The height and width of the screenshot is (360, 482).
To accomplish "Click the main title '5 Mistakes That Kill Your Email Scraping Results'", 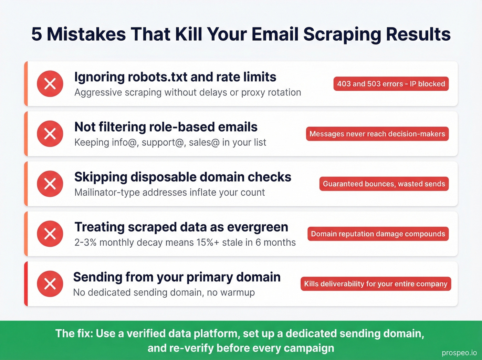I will pyautogui.click(x=241, y=34).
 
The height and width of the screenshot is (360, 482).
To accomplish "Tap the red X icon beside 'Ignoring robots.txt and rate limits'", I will pyautogui.click(x=50, y=84).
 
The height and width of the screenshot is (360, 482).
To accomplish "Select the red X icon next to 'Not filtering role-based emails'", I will pyautogui.click(x=50, y=134).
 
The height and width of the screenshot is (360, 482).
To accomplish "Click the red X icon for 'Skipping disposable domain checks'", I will pyautogui.click(x=50, y=184).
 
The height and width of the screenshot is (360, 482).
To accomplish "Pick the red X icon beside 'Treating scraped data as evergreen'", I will pyautogui.click(x=50, y=234).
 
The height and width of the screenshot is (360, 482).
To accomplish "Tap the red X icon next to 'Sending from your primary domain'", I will pyautogui.click(x=50, y=284).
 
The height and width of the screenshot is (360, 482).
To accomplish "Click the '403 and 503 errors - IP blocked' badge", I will pyautogui.click(x=391, y=84).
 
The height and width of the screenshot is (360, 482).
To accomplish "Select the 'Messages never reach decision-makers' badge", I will pyautogui.click(x=377, y=134).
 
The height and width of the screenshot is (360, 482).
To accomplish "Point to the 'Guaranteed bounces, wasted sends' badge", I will pyautogui.click(x=384, y=184).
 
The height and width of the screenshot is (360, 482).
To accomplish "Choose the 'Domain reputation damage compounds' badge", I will pyautogui.click(x=378, y=234).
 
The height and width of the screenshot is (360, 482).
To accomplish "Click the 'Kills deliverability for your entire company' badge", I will pyautogui.click(x=376, y=284).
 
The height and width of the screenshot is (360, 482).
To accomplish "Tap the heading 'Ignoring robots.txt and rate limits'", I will pyautogui.click(x=175, y=77).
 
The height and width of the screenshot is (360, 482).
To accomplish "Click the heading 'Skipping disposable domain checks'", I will pyautogui.click(x=183, y=177).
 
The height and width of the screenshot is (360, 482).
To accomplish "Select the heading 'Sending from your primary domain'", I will pyautogui.click(x=177, y=277).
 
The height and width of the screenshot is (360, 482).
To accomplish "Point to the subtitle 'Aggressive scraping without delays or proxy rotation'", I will pyautogui.click(x=188, y=92).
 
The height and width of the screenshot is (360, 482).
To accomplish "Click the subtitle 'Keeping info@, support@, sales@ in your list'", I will pyautogui.click(x=170, y=142).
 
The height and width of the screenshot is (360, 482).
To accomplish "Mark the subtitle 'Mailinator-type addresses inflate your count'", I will pyautogui.click(x=169, y=192).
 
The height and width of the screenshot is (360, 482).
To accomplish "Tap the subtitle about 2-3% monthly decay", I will pyautogui.click(x=185, y=243).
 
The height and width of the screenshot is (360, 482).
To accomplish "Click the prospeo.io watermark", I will pyautogui.click(x=459, y=353).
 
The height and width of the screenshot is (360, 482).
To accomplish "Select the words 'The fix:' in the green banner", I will pyautogui.click(x=74, y=333).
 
